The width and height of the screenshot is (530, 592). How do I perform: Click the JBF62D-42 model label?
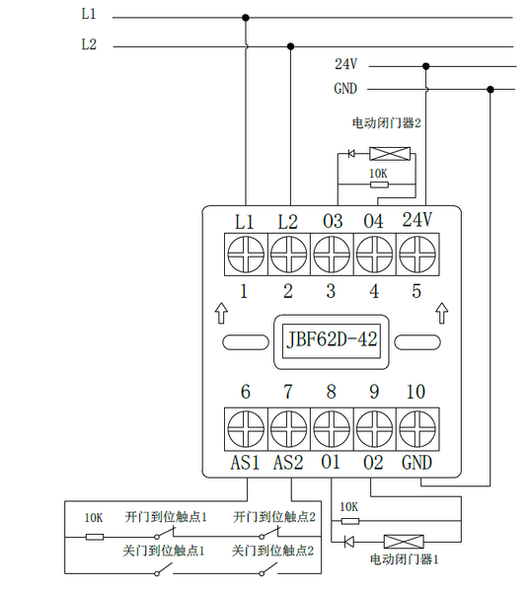(332, 339)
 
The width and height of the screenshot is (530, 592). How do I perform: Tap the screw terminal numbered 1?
(246, 255)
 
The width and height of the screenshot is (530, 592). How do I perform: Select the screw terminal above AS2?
(288, 429)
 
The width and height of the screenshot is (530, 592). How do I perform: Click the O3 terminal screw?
(332, 255)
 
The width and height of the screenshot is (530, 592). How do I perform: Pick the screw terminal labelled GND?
(417, 429)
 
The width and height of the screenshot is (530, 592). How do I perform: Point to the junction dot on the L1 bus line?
(246, 18)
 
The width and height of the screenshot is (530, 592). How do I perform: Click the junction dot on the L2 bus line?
(290, 46)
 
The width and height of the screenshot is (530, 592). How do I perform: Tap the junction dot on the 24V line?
(426, 66)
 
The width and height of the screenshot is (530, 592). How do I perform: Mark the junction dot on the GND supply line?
(491, 90)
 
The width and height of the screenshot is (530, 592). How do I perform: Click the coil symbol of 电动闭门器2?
(390, 154)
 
